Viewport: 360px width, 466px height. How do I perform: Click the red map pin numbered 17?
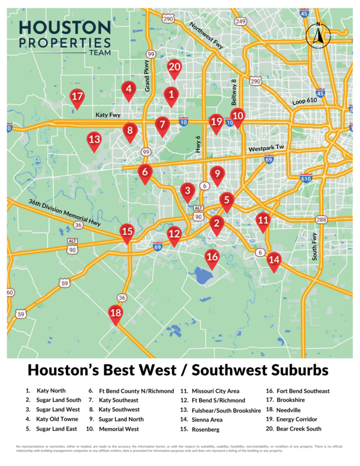click(x=77, y=97)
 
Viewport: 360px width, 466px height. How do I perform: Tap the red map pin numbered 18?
click(x=116, y=314)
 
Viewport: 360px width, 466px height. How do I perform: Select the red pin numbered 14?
click(x=274, y=261)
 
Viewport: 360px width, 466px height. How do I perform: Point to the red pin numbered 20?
click(x=174, y=68)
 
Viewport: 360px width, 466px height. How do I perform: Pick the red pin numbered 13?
click(x=94, y=140)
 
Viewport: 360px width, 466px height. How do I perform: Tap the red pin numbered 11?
click(x=263, y=221)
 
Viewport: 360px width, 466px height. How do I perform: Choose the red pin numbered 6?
click(x=145, y=172)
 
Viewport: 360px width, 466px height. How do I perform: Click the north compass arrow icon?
click(x=318, y=36)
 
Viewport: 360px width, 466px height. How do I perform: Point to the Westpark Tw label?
click(x=265, y=149)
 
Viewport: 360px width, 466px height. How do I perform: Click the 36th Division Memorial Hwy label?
click(x=65, y=214)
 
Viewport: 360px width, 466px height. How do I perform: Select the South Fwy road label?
click(x=315, y=246)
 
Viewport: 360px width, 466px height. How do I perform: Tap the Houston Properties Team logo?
click(x=64, y=37)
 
